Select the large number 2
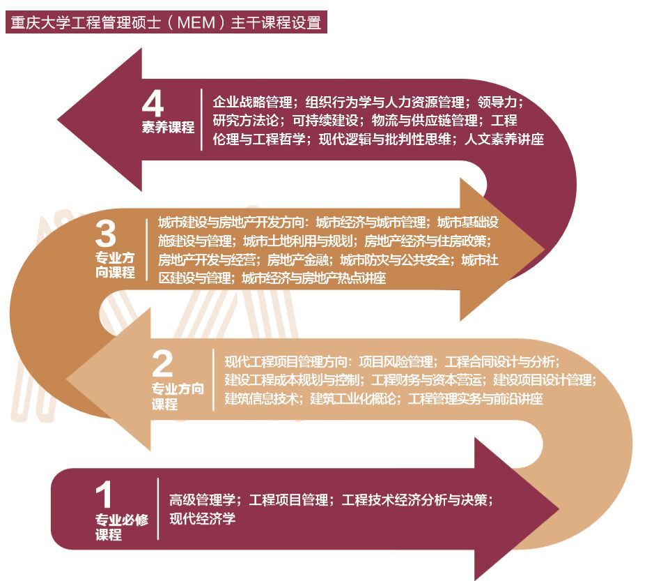click(162, 363)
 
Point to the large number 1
click(104, 495)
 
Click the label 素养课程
click(168, 128)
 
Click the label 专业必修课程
click(121, 527)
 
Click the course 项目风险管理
click(397, 361)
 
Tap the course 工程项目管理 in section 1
click(289, 500)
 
